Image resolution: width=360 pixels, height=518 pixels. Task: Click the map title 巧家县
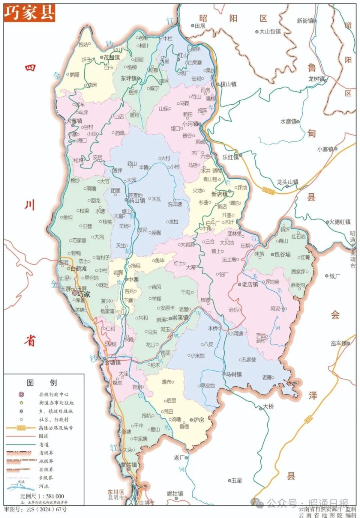(29, 12)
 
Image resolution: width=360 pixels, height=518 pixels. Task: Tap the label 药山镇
(137, 201)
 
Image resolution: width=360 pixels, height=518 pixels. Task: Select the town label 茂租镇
(112, 57)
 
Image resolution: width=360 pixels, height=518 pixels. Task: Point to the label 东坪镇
(129, 78)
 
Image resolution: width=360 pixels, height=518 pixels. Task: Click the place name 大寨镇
(74, 121)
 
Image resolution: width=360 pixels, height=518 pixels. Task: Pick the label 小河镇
(190, 124)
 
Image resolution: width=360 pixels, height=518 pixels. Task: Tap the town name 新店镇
(219, 194)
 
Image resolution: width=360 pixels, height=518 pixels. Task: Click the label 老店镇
(250, 284)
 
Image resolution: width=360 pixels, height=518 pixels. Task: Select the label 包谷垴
(282, 254)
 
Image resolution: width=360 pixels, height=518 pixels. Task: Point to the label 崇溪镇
(180, 318)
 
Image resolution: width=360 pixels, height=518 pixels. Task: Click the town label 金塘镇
(112, 363)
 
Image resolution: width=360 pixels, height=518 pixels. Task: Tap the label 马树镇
(234, 374)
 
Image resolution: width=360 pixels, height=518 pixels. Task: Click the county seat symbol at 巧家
(75, 293)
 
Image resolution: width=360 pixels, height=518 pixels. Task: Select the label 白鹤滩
(79, 269)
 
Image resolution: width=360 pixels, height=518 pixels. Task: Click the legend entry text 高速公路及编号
(56, 428)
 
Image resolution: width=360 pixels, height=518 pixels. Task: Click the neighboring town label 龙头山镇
(288, 182)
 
